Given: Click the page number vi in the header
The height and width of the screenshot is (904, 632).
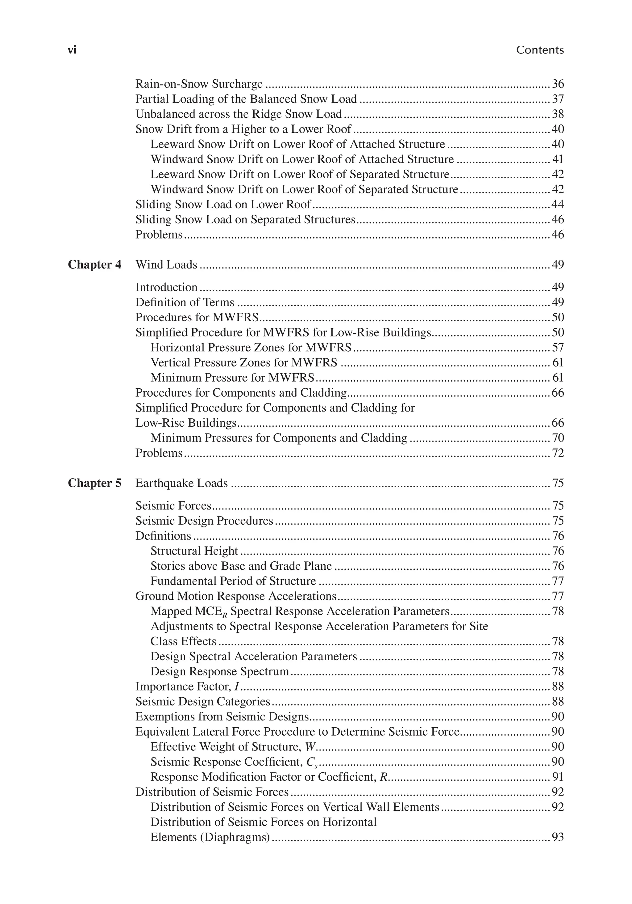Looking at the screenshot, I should [72, 50].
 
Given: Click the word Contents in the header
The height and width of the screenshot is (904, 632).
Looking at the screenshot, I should [540, 50].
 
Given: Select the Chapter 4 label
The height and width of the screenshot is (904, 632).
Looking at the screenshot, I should [94, 264].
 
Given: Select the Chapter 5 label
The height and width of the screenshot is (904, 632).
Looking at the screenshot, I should [94, 483].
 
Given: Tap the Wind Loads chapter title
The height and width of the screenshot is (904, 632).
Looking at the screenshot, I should [166, 264].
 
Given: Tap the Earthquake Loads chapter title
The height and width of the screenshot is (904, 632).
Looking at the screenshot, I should [181, 483].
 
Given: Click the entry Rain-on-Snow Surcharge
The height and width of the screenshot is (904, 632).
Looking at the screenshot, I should [199, 84].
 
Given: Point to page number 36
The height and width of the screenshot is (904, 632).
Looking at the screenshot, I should [558, 84].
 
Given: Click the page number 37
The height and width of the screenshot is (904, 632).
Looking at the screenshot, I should [558, 99].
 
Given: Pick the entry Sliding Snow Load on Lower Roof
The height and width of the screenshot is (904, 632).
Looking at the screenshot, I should [223, 204].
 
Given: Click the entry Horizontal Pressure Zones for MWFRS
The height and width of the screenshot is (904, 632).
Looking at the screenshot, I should [251, 348].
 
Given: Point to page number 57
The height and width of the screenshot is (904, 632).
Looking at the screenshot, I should [558, 348].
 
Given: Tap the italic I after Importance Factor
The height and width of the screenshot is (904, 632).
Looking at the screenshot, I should [236, 687].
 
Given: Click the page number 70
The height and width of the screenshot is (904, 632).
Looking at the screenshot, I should [558, 438].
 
